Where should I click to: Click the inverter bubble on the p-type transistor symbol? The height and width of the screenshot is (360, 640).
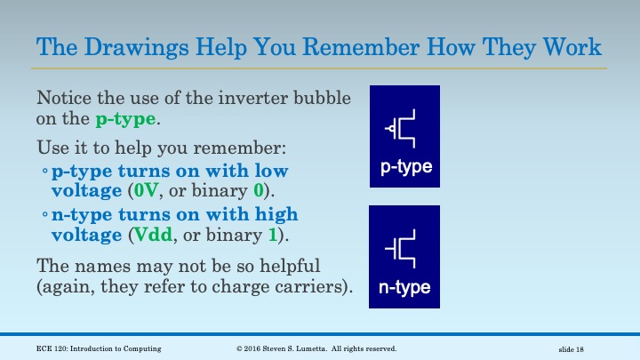pyautogui.click(x=391, y=130)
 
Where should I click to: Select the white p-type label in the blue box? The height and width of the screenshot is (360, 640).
pyautogui.click(x=405, y=167)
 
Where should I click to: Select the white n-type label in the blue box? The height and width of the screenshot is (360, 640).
pyautogui.click(x=405, y=287)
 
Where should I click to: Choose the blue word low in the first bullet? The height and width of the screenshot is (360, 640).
pyautogui.click(x=271, y=170)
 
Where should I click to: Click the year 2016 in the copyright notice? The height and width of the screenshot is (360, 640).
pyautogui.click(x=259, y=348)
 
